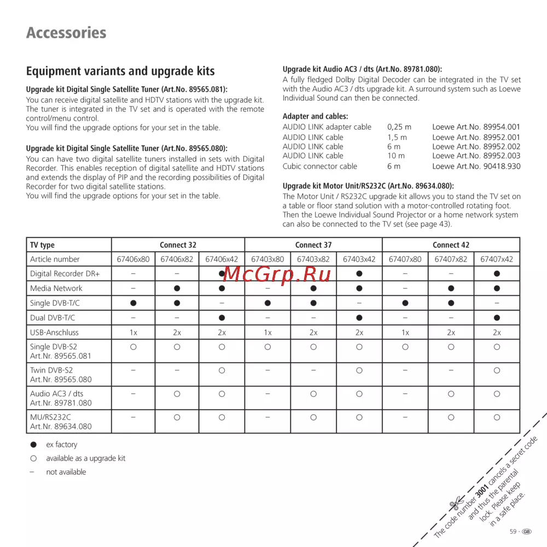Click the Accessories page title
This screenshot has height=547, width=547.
click(66, 33)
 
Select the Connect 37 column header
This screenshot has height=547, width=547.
click(313, 245)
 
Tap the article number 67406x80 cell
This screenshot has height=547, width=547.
click(133, 259)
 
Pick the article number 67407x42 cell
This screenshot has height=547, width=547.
click(496, 259)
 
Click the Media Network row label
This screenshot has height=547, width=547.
click(56, 288)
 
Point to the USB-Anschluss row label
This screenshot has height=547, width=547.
click(54, 332)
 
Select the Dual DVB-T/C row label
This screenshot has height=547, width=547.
click(53, 317)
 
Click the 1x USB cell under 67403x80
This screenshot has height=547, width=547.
click(267, 332)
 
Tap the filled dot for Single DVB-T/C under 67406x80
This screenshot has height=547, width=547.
click(133, 303)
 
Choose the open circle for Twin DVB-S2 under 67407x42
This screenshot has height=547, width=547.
click(496, 370)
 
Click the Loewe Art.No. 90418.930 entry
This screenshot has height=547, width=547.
click(476, 166)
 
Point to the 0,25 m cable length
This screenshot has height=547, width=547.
click(399, 127)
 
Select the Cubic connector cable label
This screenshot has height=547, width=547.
click(319, 166)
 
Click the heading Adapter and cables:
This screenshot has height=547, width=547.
click(315, 116)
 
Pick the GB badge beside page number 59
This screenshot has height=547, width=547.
click(527, 531)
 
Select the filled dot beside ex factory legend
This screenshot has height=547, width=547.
click(33, 445)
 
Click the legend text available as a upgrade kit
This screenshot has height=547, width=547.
click(85, 458)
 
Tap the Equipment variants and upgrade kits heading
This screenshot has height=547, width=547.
click(120, 71)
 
